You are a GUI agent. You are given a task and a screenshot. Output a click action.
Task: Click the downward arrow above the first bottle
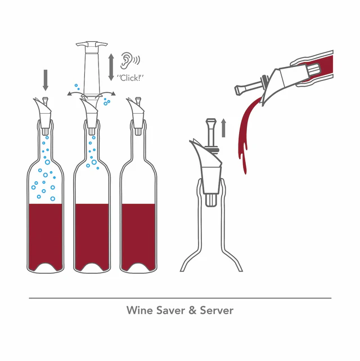point(46,80)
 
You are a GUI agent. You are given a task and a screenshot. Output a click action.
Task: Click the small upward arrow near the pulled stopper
point(223,128)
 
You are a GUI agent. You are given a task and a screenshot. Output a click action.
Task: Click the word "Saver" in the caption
point(169,310)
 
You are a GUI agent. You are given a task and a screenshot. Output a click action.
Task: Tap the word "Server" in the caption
point(217,310)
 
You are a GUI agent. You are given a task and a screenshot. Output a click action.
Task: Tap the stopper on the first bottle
point(44,112)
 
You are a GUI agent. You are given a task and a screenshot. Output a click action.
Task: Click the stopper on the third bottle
point(136,112)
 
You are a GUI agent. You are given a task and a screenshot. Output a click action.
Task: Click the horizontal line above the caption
point(180,298)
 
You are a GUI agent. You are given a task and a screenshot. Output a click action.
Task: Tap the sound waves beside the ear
point(137,60)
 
